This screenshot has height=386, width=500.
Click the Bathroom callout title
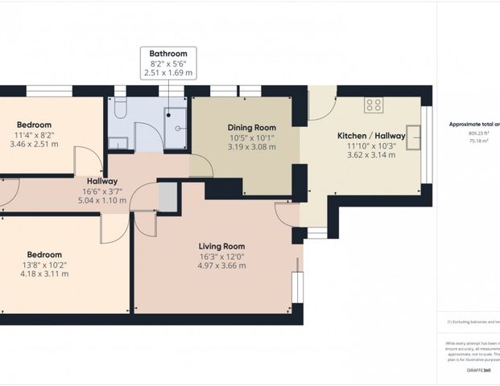[x=167, y=53]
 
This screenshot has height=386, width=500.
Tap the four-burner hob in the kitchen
[x=373, y=105]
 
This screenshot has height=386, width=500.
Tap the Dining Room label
[x=251, y=127]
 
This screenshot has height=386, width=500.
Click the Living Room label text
[x=221, y=246]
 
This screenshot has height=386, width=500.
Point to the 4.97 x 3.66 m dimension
[x=221, y=265]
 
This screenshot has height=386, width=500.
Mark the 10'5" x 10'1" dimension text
[x=251, y=138]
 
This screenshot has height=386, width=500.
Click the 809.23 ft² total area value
[x=469, y=133]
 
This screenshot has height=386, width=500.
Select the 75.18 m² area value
[x=469, y=140]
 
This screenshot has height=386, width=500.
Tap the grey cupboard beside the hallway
[x=167, y=196]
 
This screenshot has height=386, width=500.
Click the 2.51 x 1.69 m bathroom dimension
[x=167, y=72]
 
